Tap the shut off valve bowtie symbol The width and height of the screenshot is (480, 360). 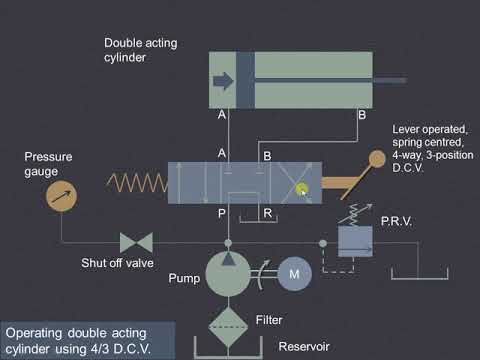click(x=135, y=242)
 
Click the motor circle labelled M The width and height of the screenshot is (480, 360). click(x=295, y=272)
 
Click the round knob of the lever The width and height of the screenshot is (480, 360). click(x=376, y=160)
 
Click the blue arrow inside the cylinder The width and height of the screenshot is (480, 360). click(x=224, y=81)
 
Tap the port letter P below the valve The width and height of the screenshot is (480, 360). click(x=223, y=212)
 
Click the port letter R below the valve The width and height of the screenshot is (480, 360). click(x=266, y=212)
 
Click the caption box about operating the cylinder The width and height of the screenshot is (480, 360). click(x=89, y=339)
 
